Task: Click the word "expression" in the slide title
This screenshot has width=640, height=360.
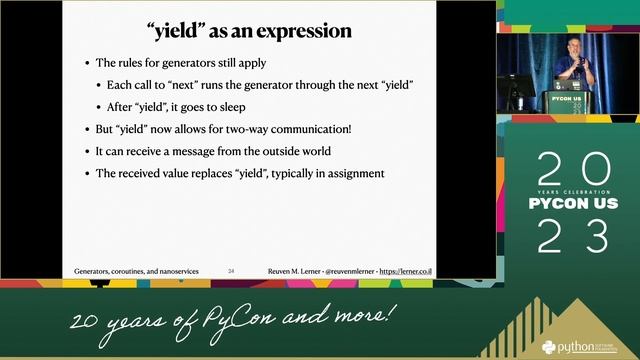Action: coord(305,31)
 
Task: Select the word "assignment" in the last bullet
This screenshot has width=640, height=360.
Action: coord(350,173)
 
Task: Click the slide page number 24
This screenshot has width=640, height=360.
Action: coord(232,271)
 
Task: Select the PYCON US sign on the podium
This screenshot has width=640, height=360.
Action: coord(566,100)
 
